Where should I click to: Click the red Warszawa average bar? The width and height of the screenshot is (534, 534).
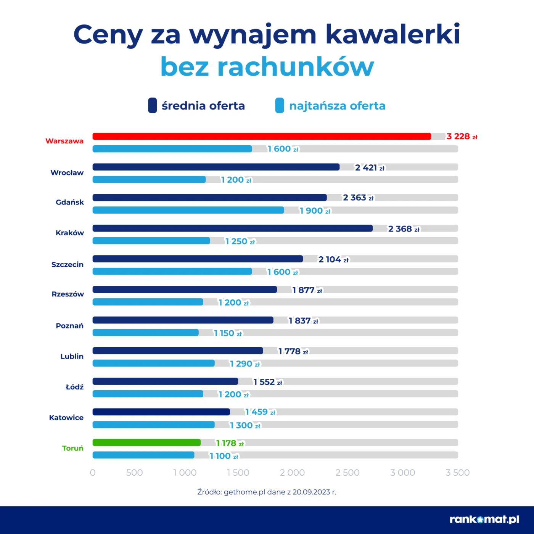tap(262, 137)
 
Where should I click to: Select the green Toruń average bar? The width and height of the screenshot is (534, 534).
tap(146, 442)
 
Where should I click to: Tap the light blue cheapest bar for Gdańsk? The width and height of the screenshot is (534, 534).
tap(188, 210)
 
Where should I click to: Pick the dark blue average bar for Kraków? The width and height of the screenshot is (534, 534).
tap(232, 228)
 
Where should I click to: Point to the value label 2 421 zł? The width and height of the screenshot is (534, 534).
tap(370, 168)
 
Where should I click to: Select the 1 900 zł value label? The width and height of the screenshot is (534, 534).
tap(315, 211)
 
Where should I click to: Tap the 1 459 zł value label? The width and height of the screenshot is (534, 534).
tap(260, 412)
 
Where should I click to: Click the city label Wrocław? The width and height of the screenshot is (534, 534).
tap(67, 173)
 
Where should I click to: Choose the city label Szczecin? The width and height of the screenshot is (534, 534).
tap(67, 265)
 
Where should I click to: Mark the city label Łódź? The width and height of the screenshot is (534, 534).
tap(74, 387)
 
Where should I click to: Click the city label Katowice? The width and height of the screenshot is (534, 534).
tap(66, 418)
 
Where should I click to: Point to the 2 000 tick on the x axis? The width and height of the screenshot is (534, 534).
tap(292, 473)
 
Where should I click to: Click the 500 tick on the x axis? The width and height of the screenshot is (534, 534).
tap(134, 473)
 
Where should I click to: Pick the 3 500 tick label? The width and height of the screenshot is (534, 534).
tap(457, 473)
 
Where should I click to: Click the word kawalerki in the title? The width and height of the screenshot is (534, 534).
tap(392, 34)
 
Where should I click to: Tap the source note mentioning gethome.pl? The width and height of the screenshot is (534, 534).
tap(267, 492)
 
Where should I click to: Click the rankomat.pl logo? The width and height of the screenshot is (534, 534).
tap(484, 520)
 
